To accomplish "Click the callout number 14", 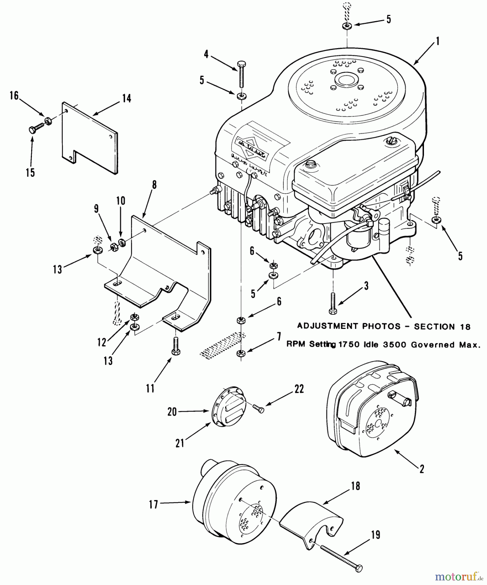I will pyautogui.click(x=126, y=98).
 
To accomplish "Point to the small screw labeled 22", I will pyautogui.click(x=259, y=409).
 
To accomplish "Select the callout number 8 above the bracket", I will pyautogui.click(x=154, y=185).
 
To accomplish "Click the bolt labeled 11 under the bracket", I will pyautogui.click(x=175, y=346).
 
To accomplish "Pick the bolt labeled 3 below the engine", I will pyautogui.click(x=333, y=302).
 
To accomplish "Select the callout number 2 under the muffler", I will pyautogui.click(x=422, y=469).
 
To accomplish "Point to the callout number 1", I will pyautogui.click(x=437, y=41).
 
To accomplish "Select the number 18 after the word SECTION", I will pyautogui.click(x=465, y=327).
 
